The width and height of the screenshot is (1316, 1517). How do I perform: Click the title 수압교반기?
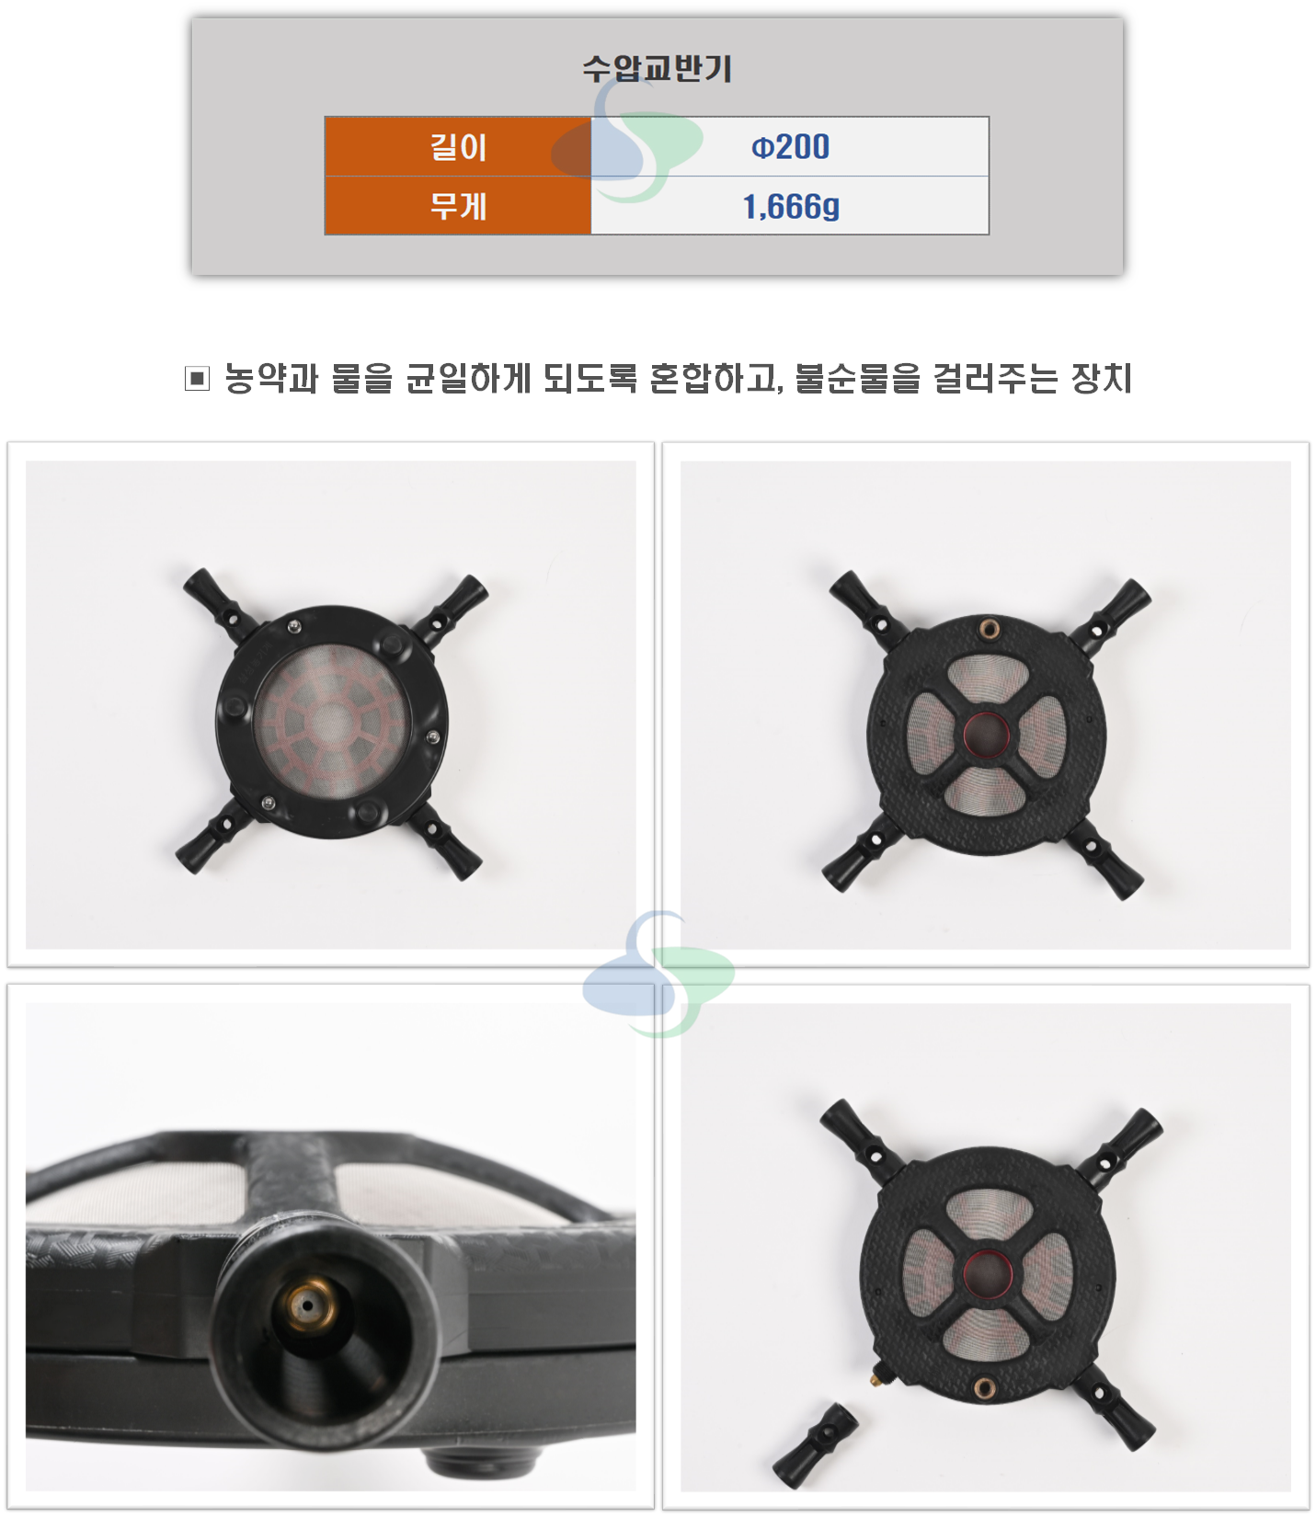click(657, 68)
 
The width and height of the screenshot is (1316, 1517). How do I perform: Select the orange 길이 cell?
click(458, 146)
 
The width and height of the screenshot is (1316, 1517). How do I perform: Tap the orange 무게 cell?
click(458, 205)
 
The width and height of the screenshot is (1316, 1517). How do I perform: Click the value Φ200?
click(791, 146)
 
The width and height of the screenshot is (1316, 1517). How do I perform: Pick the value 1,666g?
click(791, 206)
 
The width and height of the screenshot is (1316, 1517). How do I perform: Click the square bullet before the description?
click(197, 378)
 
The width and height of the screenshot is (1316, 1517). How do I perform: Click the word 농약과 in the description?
click(271, 378)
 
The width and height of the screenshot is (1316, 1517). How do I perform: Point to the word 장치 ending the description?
click(1101, 378)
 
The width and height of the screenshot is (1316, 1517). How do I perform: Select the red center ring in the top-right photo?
click(986, 734)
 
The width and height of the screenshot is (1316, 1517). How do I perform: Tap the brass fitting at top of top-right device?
click(990, 629)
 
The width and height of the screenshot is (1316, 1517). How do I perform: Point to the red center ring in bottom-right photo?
click(987, 1271)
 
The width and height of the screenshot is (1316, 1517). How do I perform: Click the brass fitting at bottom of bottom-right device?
click(984, 1386)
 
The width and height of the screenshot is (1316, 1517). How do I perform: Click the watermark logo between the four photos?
click(658, 975)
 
